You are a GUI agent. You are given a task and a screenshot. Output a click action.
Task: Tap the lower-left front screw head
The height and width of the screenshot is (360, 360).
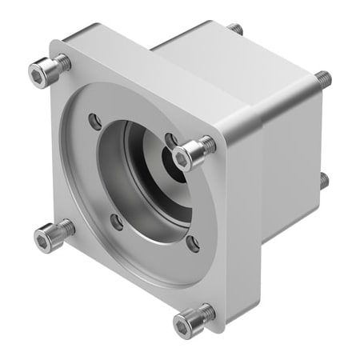point(46,236)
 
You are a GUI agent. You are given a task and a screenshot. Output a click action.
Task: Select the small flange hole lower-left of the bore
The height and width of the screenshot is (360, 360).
point(117,222)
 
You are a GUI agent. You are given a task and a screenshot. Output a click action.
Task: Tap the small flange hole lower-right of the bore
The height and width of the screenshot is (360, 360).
point(192,243)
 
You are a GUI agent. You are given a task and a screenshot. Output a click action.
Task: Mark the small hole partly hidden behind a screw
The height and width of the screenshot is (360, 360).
point(170,141)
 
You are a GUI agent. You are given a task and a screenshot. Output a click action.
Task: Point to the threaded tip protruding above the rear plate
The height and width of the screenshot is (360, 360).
point(236,29)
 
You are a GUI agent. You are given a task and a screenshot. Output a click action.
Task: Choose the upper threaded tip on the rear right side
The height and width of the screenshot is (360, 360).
point(323,78)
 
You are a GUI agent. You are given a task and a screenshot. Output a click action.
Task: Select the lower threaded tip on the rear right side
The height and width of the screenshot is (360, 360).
point(323,180)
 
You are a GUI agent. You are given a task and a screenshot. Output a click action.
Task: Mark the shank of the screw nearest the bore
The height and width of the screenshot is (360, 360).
point(206,146)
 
